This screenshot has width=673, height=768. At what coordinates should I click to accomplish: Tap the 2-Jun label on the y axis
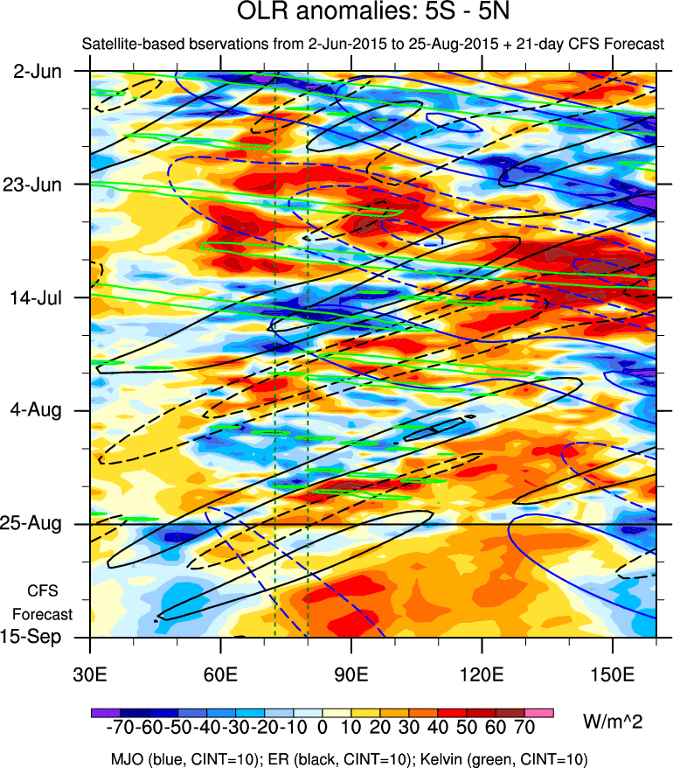[x=38, y=71]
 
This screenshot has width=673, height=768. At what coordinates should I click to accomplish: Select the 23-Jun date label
[x=38, y=185]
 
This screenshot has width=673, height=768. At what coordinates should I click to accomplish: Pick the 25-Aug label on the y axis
[x=36, y=524]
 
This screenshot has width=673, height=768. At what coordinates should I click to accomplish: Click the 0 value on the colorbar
[x=322, y=729]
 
